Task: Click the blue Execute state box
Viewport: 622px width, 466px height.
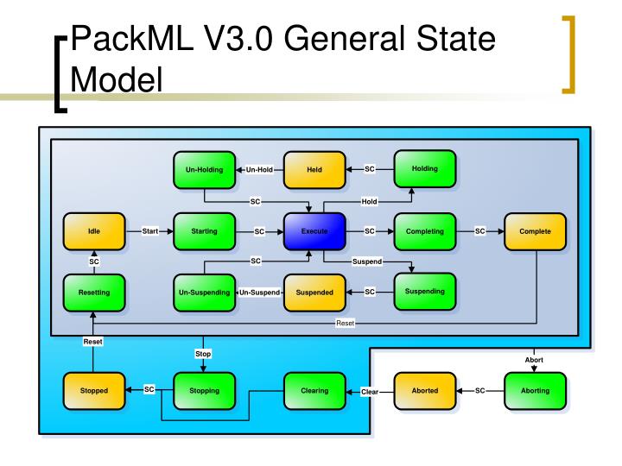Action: click(314, 231)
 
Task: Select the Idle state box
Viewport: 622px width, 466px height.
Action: click(93, 231)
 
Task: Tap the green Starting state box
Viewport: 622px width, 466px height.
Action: click(204, 231)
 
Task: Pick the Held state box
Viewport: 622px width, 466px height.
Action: click(314, 169)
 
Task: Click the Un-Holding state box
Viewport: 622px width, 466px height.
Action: click(204, 169)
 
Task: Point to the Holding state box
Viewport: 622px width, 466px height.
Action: click(424, 168)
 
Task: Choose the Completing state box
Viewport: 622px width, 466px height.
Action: click(424, 231)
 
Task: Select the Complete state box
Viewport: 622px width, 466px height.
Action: click(535, 231)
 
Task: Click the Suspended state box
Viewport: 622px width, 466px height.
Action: click(314, 293)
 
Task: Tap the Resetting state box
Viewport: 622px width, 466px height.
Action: click(93, 293)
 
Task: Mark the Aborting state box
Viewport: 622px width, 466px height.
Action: click(535, 390)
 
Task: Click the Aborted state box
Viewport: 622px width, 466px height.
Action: click(424, 390)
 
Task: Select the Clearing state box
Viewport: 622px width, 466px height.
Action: click(314, 390)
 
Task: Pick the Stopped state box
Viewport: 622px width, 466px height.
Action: click(93, 390)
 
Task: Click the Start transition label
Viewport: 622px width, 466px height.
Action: click(149, 231)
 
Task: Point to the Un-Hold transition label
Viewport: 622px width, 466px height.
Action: click(259, 169)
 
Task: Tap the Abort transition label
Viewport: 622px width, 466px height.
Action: click(535, 359)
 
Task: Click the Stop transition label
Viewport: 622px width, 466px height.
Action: click(204, 354)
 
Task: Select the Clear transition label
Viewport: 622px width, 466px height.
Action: click(370, 391)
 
